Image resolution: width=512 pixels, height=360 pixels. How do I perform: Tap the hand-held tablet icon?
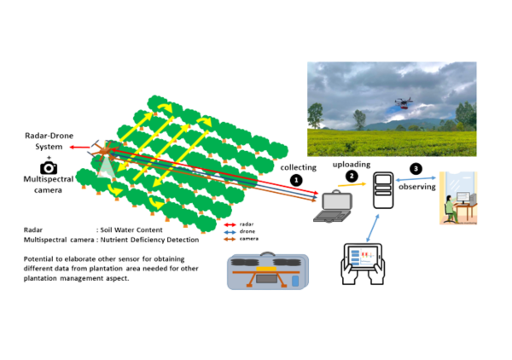click(x=366, y=264)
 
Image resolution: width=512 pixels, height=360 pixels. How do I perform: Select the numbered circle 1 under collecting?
click(x=296, y=180)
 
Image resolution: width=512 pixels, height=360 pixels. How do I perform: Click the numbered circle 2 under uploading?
click(x=351, y=175)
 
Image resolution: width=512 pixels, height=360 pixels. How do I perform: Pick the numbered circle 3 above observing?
click(x=414, y=168)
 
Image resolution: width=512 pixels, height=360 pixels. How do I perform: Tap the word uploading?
click(x=351, y=163)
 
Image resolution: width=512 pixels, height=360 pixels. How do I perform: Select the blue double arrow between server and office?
click(x=416, y=179)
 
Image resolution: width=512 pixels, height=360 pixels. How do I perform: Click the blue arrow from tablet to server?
click(x=372, y=229)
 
